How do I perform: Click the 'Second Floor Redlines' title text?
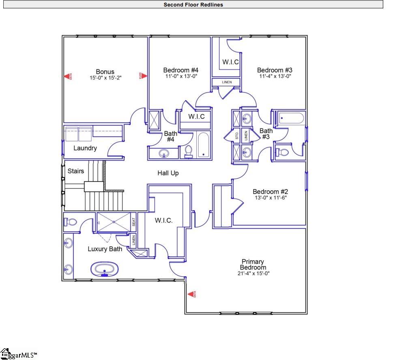pyautogui.click(x=193, y=5)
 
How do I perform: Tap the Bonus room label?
pyautogui.click(x=105, y=72)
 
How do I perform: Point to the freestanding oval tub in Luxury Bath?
pyautogui.click(x=105, y=269)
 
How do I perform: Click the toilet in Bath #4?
pyautogui.click(x=188, y=151)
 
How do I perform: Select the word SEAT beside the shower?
pyautogui.click(x=134, y=222)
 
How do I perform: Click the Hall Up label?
pyautogui.click(x=168, y=173)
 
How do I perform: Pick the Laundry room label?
pyautogui.click(x=85, y=148)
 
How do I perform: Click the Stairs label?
pyautogui.click(x=76, y=171)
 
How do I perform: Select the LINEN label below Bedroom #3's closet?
pyautogui.click(x=227, y=82)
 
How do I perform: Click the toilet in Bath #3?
pyautogui.click(x=282, y=153)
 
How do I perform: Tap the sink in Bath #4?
pyautogui.click(x=163, y=153)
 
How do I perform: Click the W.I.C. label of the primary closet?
pyautogui.click(x=163, y=221)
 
